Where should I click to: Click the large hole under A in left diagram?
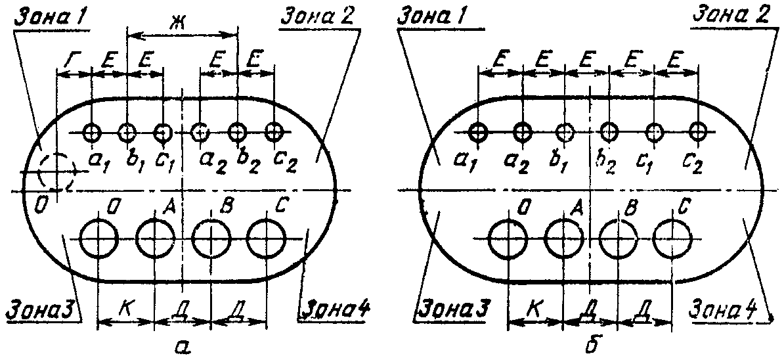click(x=155, y=237)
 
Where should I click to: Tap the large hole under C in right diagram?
click(x=673, y=237)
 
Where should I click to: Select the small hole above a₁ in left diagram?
click(x=92, y=133)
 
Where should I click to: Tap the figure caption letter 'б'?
click(x=590, y=343)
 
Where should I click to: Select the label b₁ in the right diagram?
click(x=565, y=162)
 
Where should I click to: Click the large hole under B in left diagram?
click(x=211, y=237)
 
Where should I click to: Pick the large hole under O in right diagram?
click(x=508, y=237)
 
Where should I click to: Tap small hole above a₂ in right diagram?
click(x=522, y=132)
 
